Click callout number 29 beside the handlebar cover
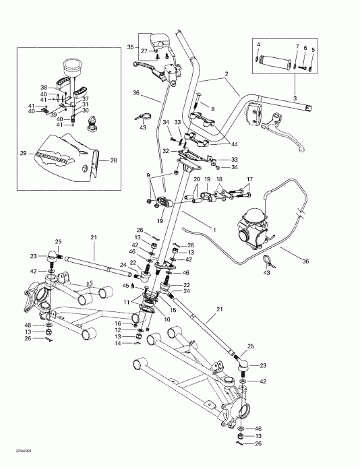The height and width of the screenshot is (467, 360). (x=23, y=154)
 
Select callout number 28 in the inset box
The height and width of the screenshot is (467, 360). (x=113, y=160)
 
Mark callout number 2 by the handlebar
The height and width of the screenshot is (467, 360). (x=227, y=75)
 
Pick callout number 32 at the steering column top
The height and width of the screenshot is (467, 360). (x=166, y=153)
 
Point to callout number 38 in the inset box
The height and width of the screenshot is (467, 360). (x=44, y=88)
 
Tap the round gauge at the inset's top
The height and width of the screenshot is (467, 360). (x=71, y=68)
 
